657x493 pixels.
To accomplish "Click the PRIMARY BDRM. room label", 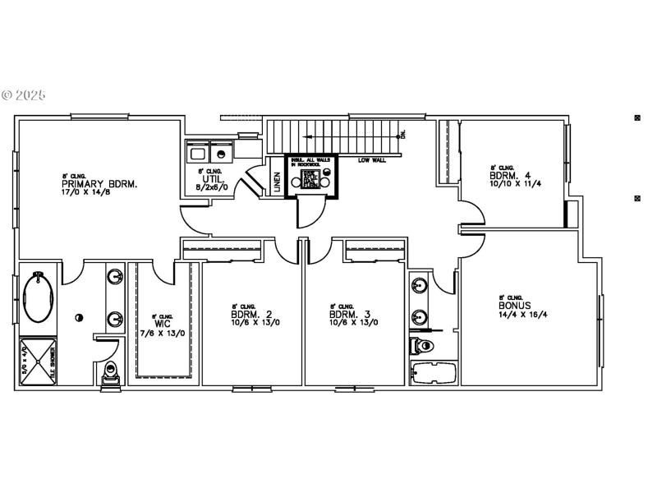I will tap(99, 184).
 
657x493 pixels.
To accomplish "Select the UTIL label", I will tap(213, 178).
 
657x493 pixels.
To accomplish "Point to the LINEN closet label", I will tap(277, 182).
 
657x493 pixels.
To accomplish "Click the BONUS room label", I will tap(515, 305).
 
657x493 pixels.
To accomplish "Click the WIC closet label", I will tap(162, 324).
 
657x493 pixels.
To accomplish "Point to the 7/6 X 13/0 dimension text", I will tap(163, 333).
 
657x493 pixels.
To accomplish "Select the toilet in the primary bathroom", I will tap(109, 374).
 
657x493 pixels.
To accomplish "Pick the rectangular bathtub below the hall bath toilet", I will tap(432, 372).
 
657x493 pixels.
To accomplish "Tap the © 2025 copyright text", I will tap(24, 95).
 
